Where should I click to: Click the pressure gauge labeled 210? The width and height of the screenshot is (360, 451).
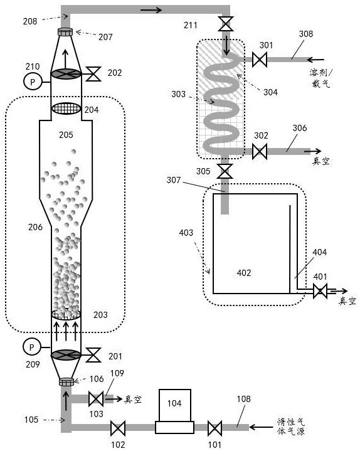[32, 82]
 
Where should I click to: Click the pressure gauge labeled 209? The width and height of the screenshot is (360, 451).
[31, 348]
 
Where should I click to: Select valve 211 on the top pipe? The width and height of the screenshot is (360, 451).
[225, 24]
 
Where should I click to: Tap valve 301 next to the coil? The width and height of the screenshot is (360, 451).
[260, 60]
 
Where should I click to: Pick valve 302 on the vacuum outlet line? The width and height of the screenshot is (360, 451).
[260, 151]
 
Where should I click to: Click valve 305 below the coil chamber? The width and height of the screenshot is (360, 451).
[225, 171]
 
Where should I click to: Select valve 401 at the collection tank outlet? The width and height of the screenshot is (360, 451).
[320, 291]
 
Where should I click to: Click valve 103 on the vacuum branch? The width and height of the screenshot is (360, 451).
[96, 399]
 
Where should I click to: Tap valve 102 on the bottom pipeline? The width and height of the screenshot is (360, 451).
[118, 428]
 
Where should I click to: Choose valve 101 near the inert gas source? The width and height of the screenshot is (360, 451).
[214, 428]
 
